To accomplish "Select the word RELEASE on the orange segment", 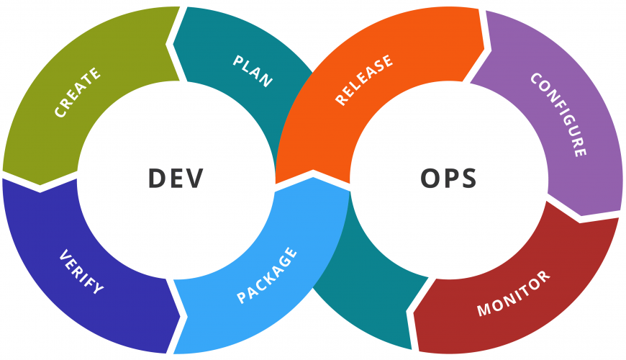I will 364,80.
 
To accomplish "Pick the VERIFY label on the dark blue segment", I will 81,271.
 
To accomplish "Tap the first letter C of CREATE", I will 60,112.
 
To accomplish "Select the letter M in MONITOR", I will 484,310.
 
